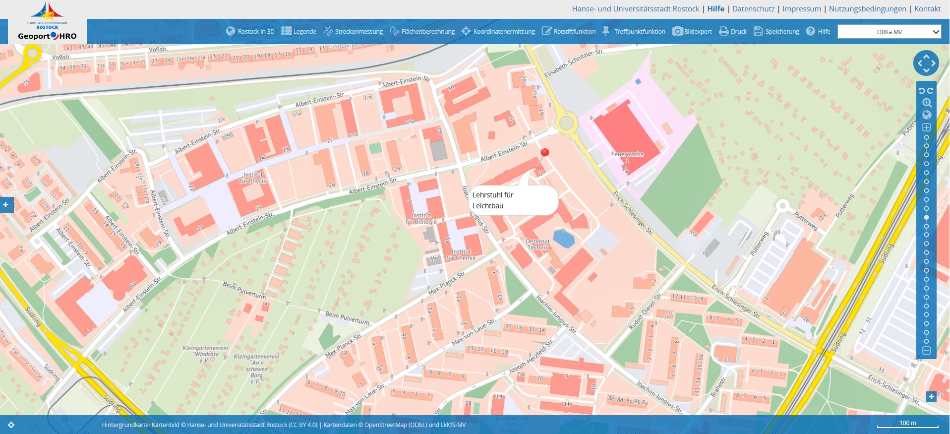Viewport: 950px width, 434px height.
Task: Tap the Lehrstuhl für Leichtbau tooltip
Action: (x=513, y=200)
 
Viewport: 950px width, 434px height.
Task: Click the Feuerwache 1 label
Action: (x=627, y=157)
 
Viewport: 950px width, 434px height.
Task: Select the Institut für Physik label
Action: (x=253, y=178)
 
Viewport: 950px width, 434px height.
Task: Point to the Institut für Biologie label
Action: (x=421, y=219)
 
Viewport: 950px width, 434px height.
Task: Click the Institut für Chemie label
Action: (x=461, y=255)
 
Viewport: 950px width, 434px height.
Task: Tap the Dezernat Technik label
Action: (x=538, y=245)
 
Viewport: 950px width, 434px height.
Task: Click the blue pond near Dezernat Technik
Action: (x=564, y=238)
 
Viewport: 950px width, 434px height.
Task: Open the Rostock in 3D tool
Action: (x=250, y=31)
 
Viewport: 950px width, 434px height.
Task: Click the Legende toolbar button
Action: (x=299, y=31)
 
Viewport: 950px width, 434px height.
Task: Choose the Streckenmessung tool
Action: (x=354, y=31)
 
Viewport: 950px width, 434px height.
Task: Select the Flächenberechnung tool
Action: (x=422, y=31)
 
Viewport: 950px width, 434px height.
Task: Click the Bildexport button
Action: (x=692, y=31)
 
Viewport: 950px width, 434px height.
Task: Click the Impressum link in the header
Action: (x=801, y=9)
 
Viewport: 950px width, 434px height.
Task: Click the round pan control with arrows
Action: (x=926, y=63)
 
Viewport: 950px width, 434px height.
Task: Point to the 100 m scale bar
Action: (x=907, y=425)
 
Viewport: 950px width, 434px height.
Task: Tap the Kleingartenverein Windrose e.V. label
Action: (x=206, y=354)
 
